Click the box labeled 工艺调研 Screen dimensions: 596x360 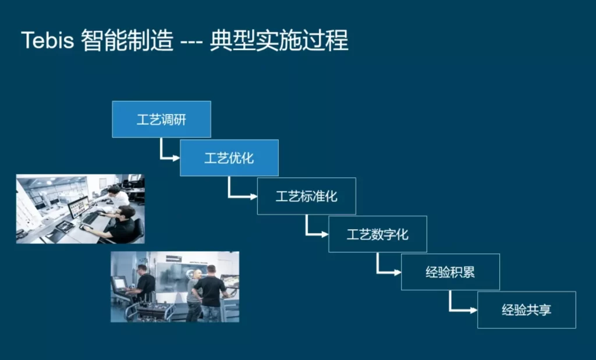[x=162, y=119]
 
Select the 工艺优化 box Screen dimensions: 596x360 [x=229, y=158]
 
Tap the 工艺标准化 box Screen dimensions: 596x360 [x=307, y=196]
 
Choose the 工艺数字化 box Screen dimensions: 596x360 [x=378, y=234]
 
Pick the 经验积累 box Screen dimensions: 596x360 [x=450, y=272]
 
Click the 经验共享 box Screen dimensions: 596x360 [x=527, y=310]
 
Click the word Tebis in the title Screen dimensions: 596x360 [x=48, y=40]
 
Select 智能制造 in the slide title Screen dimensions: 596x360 [x=127, y=40]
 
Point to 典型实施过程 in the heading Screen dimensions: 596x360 [x=279, y=40]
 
